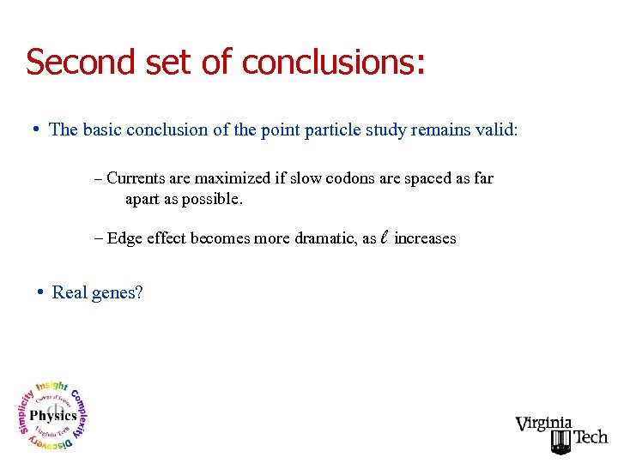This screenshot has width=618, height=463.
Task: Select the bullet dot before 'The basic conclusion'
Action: (x=36, y=129)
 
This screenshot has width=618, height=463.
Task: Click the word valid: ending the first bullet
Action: (x=497, y=130)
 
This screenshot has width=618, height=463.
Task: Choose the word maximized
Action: (x=232, y=178)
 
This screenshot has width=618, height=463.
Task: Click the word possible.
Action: (x=211, y=200)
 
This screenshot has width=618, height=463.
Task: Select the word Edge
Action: (x=124, y=238)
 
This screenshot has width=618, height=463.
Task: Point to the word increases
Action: (x=425, y=238)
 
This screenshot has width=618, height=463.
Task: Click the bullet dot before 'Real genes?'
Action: (x=40, y=292)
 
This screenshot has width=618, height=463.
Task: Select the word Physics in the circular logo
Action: (x=53, y=416)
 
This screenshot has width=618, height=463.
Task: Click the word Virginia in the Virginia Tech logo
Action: (x=543, y=424)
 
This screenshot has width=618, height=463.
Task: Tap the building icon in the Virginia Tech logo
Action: (x=560, y=442)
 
